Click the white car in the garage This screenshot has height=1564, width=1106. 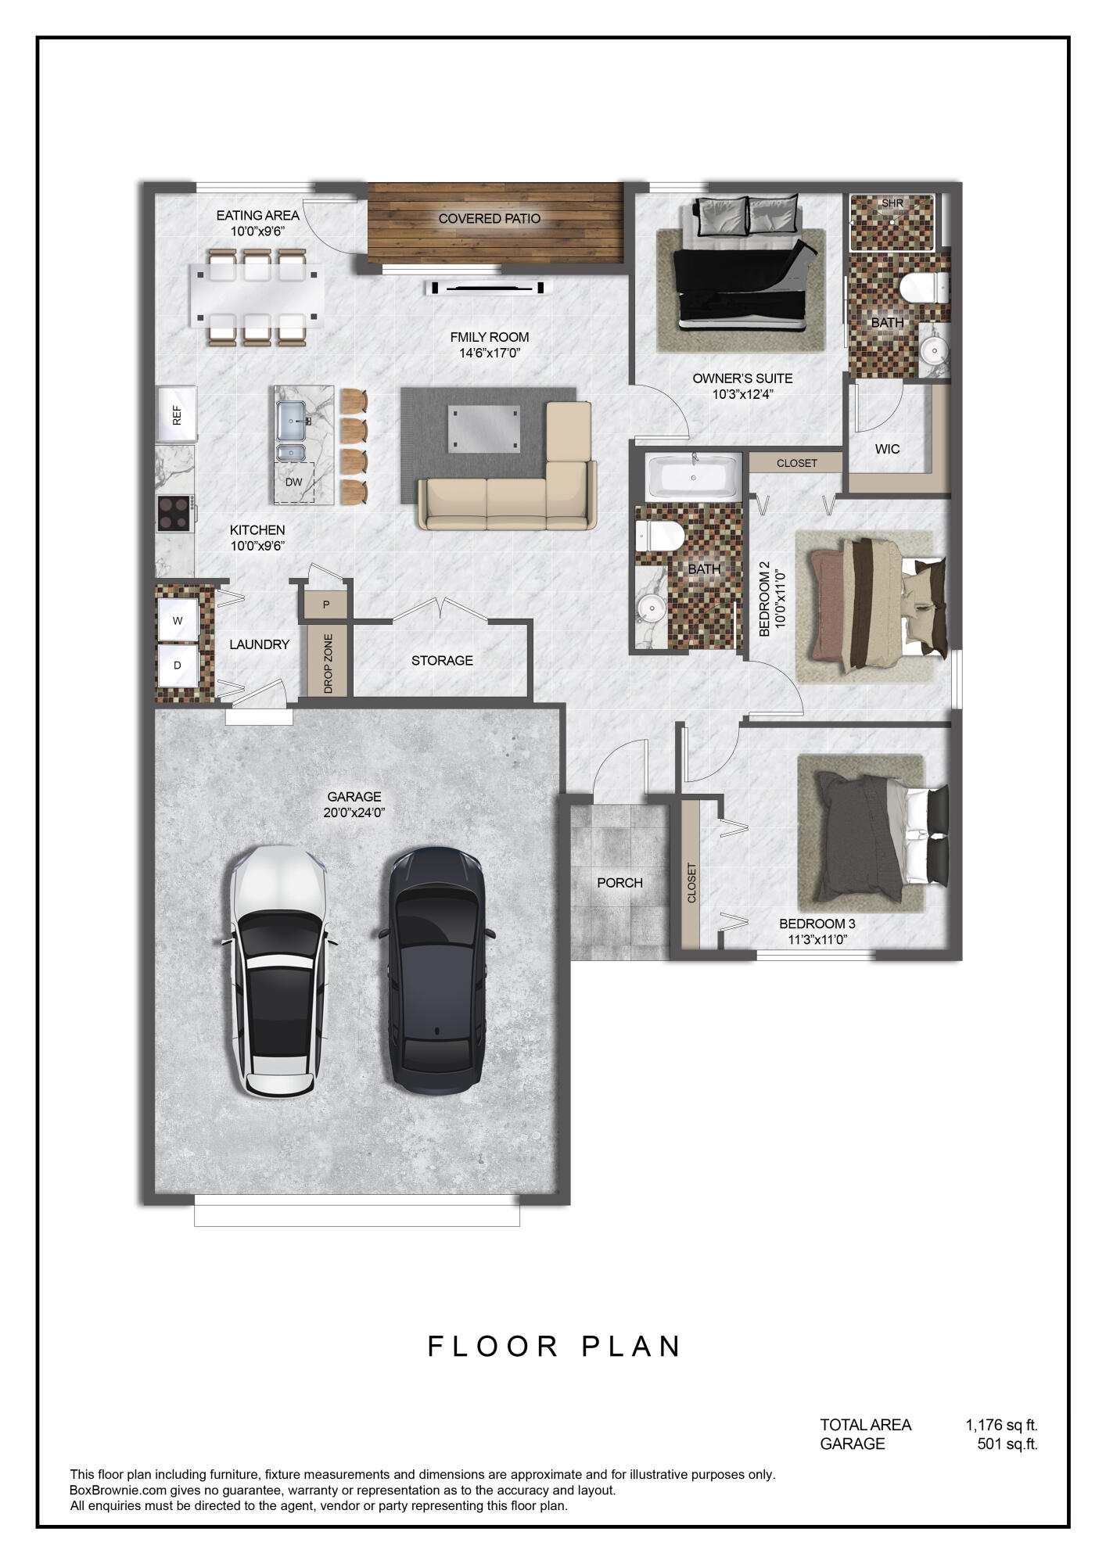pos(278,970)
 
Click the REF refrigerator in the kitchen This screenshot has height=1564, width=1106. pos(177,414)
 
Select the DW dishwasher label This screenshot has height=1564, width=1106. pos(293,482)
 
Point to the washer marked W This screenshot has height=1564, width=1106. pos(178,621)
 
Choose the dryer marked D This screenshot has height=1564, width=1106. pos(178,665)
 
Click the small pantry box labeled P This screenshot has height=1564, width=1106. pos(325,604)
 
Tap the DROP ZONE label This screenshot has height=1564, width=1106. pos(328,664)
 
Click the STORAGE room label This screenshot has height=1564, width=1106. pos(442,661)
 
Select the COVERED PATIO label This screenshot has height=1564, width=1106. pos(489,219)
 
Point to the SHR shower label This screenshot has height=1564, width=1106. pos(892,203)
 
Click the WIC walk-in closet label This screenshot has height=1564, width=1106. pos(887,449)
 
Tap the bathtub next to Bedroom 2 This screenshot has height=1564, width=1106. pos(693,476)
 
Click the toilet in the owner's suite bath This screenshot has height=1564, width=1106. pos(923,287)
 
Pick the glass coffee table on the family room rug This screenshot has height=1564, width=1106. pos(483,429)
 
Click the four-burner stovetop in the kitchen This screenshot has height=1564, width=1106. pos(175,514)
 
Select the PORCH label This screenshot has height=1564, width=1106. pos(619,883)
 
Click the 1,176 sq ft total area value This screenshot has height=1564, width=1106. pos(1001,1425)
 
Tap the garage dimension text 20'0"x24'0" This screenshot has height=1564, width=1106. pos(354,812)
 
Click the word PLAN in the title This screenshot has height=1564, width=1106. pos(631,1347)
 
